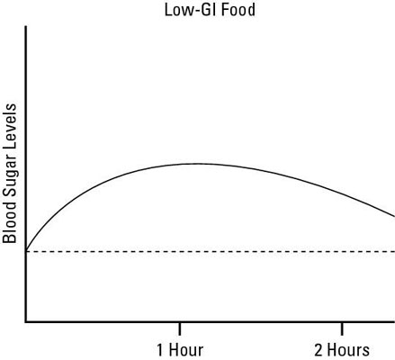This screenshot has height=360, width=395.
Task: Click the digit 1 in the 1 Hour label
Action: coord(159,348)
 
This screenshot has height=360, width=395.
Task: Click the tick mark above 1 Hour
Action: coord(180,325)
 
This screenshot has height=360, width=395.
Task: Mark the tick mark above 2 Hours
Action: coord(341,325)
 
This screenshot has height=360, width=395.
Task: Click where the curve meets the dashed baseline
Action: coord(26,250)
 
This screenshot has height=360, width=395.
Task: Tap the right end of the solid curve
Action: coord(393,216)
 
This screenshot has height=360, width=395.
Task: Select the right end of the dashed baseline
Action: coord(393,251)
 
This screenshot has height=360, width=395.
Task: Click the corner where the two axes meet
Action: coord(26,320)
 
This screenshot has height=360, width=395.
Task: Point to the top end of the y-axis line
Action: coord(26,27)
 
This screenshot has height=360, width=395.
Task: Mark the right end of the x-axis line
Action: coord(393,320)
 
